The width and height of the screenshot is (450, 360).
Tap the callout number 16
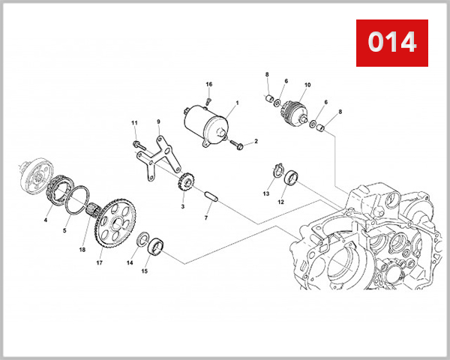pyautogui.click(x=209, y=84)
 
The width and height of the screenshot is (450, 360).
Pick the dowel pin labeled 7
pyautogui.click(x=211, y=196)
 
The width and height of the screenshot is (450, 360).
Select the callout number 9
pyautogui.click(x=158, y=121)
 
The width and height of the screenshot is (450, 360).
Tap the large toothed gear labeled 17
pyautogui.click(x=111, y=218)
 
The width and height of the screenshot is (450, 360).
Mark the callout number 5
pyautogui.click(x=64, y=231)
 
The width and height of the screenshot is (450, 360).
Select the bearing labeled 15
pyautogui.click(x=155, y=245)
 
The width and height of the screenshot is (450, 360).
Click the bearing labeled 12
pyautogui.click(x=289, y=181)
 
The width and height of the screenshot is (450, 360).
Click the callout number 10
pyautogui.click(x=307, y=85)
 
